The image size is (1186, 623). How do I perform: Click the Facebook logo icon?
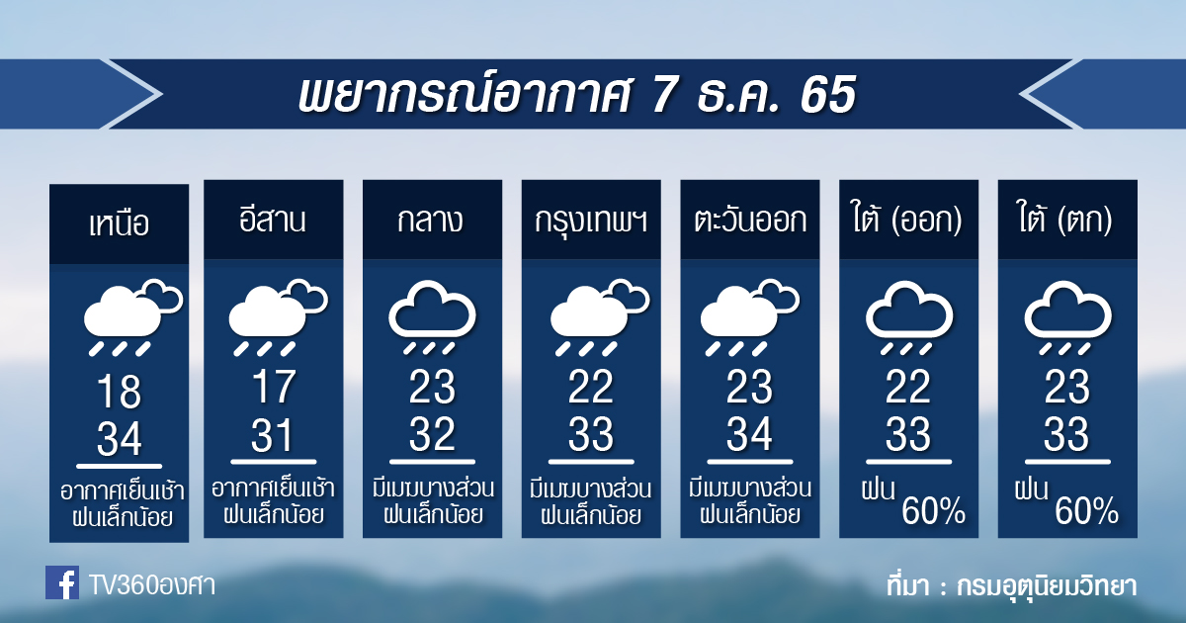pyautogui.click(x=62, y=582)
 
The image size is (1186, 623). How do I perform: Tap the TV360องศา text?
pyautogui.click(x=152, y=585)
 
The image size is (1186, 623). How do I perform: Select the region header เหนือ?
pyautogui.click(x=120, y=223)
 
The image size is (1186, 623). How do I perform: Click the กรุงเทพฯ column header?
pyautogui.click(x=591, y=221)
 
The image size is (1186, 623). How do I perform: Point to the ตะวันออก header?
pyautogui.click(x=750, y=220)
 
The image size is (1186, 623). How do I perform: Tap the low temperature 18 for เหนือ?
pyautogui.click(x=120, y=392)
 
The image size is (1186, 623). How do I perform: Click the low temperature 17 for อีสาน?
pyautogui.click(x=273, y=387)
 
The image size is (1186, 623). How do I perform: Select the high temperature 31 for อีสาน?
pyautogui.click(x=272, y=434)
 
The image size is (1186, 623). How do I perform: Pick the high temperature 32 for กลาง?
pyautogui.click(x=432, y=434)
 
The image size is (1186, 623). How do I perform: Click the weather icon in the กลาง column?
pyautogui.click(x=432, y=317)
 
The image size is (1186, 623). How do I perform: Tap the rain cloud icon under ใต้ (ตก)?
pyautogui.click(x=1067, y=317)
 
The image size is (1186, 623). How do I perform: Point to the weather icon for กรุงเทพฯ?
pyautogui.click(x=599, y=316)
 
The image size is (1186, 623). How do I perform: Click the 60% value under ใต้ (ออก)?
pyautogui.click(x=933, y=510)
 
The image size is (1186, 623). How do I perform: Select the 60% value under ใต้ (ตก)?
pyautogui.click(x=1086, y=510)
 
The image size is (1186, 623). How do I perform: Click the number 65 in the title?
pyautogui.click(x=828, y=95)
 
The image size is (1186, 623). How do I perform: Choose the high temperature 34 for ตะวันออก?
pyautogui.click(x=749, y=434)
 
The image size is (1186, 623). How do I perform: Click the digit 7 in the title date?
pyautogui.click(x=664, y=95)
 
